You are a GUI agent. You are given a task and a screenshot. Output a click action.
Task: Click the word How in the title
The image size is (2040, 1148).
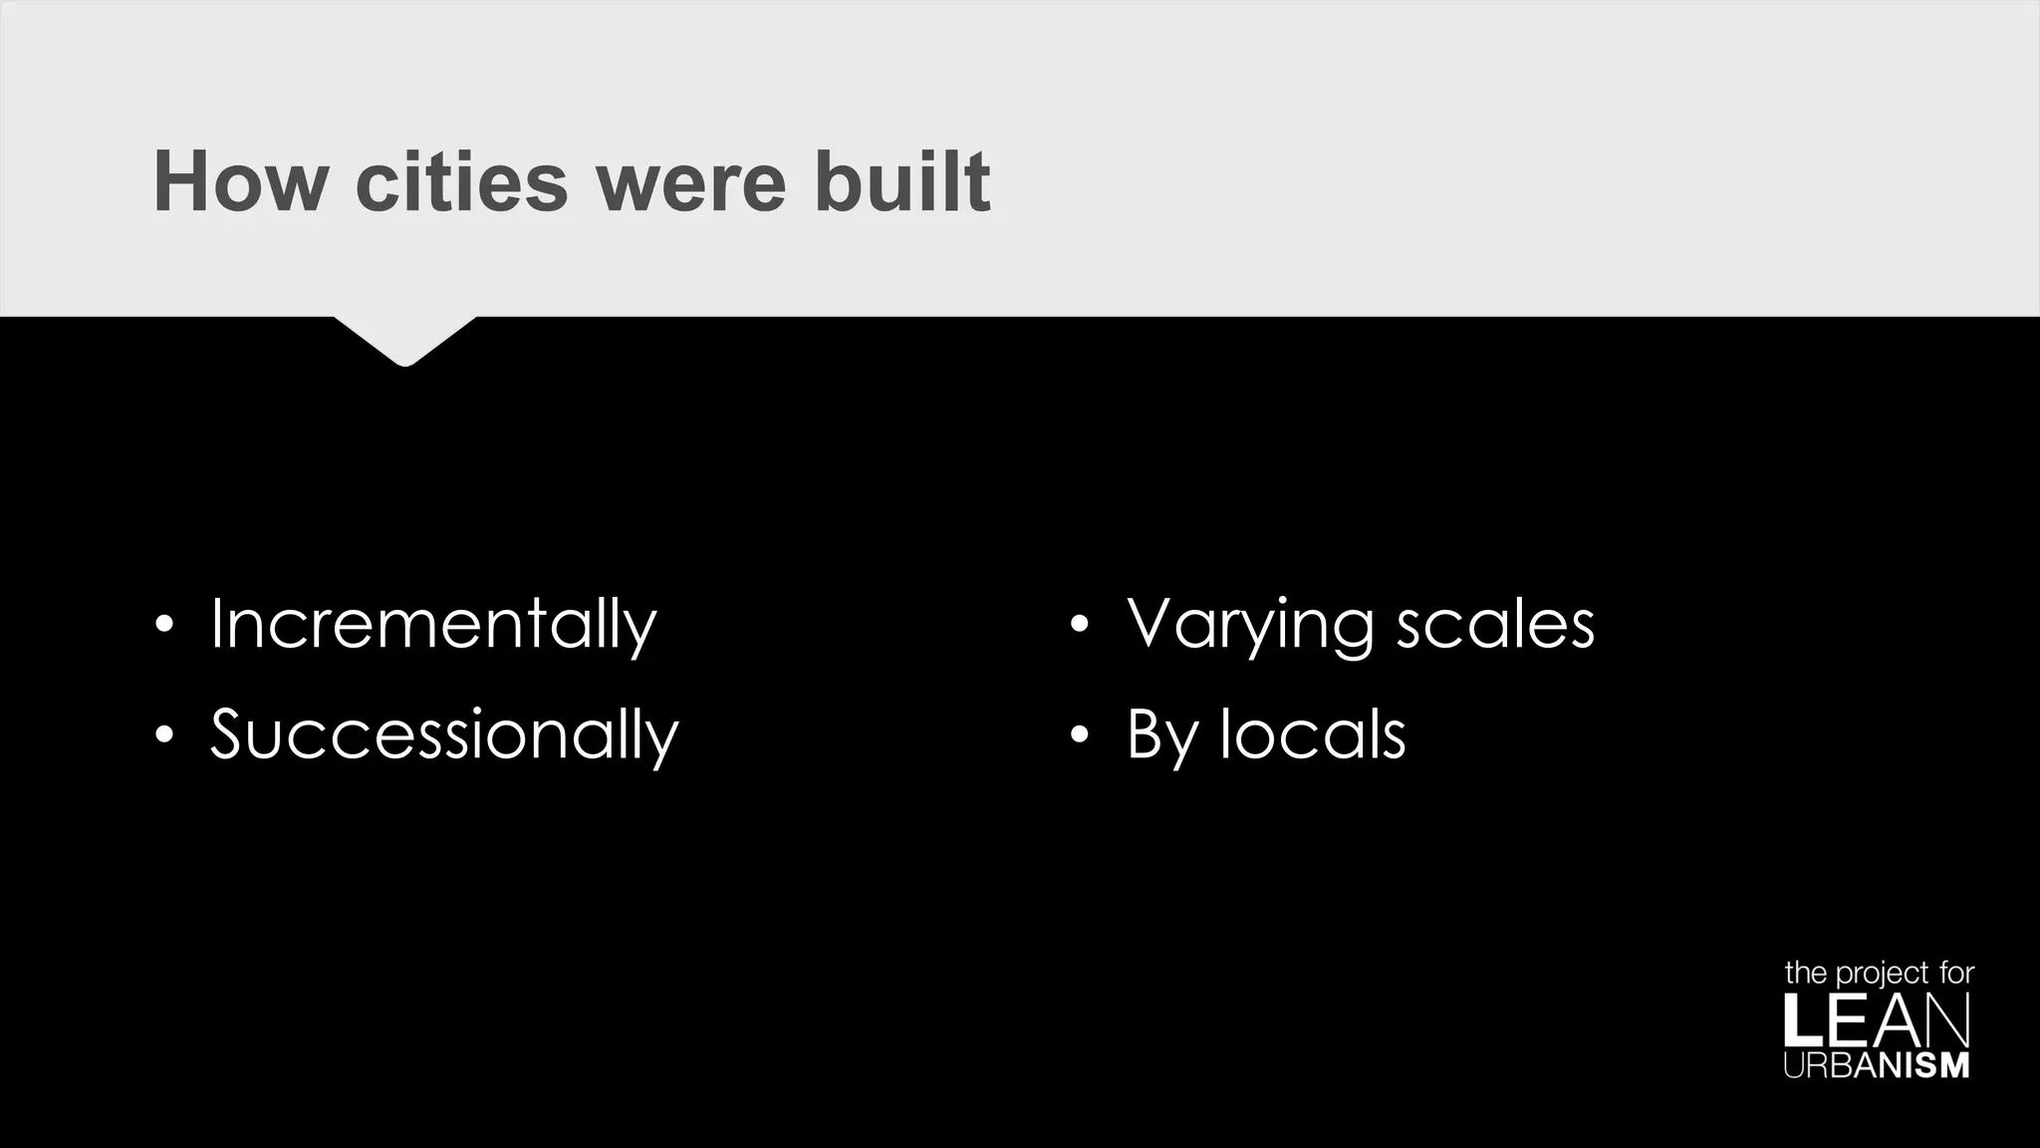[240, 181]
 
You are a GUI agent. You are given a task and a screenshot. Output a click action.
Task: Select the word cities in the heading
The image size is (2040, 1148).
[461, 181]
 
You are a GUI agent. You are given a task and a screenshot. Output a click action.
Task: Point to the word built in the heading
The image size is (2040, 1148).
[902, 181]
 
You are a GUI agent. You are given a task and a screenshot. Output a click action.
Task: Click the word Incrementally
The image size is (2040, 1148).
[433, 625]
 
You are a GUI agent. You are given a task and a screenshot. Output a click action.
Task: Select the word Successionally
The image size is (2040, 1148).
[444, 734]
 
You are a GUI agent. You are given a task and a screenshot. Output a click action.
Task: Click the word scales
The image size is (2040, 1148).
[1495, 625]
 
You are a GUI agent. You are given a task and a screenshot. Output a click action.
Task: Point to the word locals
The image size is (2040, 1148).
[1313, 734]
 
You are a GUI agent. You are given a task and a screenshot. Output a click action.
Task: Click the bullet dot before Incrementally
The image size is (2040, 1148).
[164, 626]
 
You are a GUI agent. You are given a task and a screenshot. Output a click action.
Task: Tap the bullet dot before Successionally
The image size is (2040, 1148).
[164, 735]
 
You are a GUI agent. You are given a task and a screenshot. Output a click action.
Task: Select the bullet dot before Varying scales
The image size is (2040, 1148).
[1080, 626]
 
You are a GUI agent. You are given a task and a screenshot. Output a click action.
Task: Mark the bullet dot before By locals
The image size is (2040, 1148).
[1080, 735]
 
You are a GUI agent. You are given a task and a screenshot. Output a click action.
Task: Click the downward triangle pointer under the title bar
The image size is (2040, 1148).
[404, 340]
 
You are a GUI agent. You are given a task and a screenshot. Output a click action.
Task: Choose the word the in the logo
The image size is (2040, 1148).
[1805, 973]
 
